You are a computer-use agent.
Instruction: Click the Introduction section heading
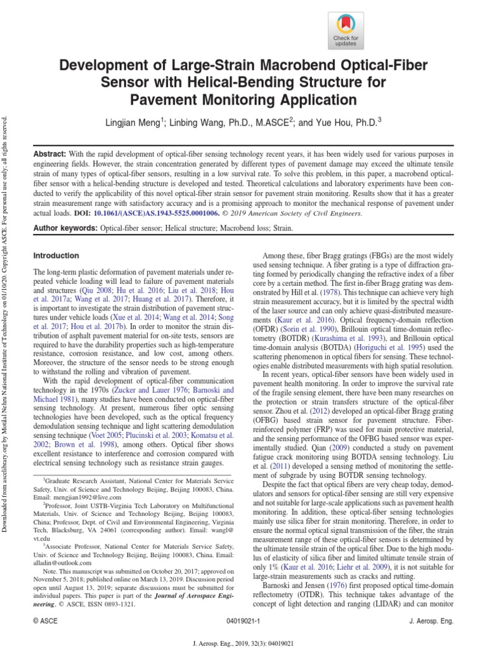(55, 255)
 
